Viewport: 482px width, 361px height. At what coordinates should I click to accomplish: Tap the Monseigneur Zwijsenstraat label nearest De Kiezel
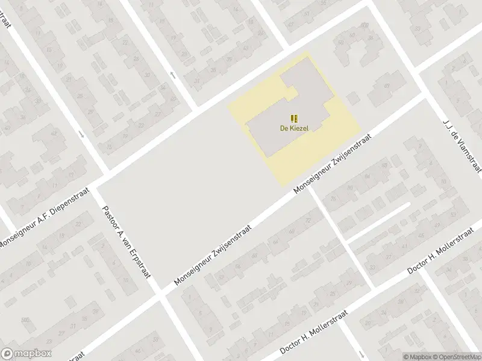pyautogui.click(x=333, y=162)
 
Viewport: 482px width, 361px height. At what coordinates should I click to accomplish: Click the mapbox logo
pyautogui.click(x=26, y=354)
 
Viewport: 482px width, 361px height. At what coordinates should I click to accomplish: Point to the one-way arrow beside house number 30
pyautogui.click(x=173, y=75)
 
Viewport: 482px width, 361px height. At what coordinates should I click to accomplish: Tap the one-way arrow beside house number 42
pyautogui.click(x=82, y=134)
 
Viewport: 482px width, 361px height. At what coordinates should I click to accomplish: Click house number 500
pyautogui.click(x=25, y=319)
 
